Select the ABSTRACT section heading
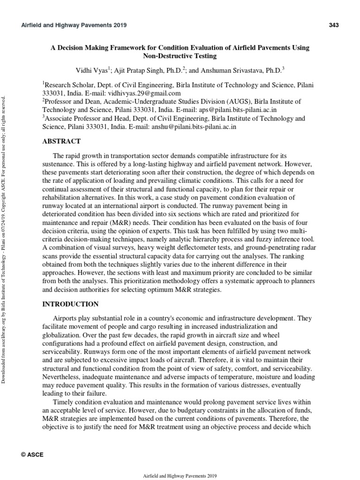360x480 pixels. point(62,141)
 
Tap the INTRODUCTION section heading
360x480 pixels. point(71,304)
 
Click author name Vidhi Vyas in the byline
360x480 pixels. point(92,71)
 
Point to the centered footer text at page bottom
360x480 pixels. point(180,475)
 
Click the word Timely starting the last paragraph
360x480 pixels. point(66,403)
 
